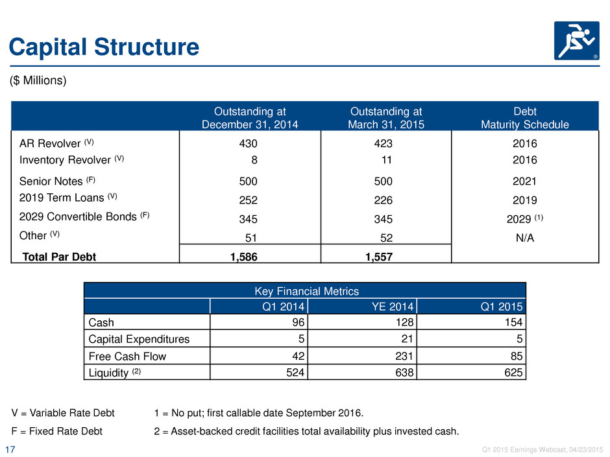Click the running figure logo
[x=576, y=41]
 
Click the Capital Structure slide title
[x=104, y=47]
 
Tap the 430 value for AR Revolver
[x=248, y=144]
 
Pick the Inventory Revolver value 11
[x=386, y=160]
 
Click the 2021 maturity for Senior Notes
[x=524, y=182]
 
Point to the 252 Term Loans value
[x=248, y=200]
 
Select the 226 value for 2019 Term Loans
[x=383, y=200]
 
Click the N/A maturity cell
[x=525, y=238]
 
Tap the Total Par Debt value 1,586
[x=244, y=257]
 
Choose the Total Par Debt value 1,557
[x=379, y=257]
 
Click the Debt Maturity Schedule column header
[x=525, y=118]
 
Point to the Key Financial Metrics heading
[x=306, y=291]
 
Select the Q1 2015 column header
[x=502, y=307]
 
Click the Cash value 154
[x=513, y=322]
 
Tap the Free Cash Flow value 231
[x=404, y=356]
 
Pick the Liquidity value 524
[x=295, y=373]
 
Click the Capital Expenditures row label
[x=139, y=339]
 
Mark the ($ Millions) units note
[x=38, y=80]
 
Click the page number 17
[x=10, y=450]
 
